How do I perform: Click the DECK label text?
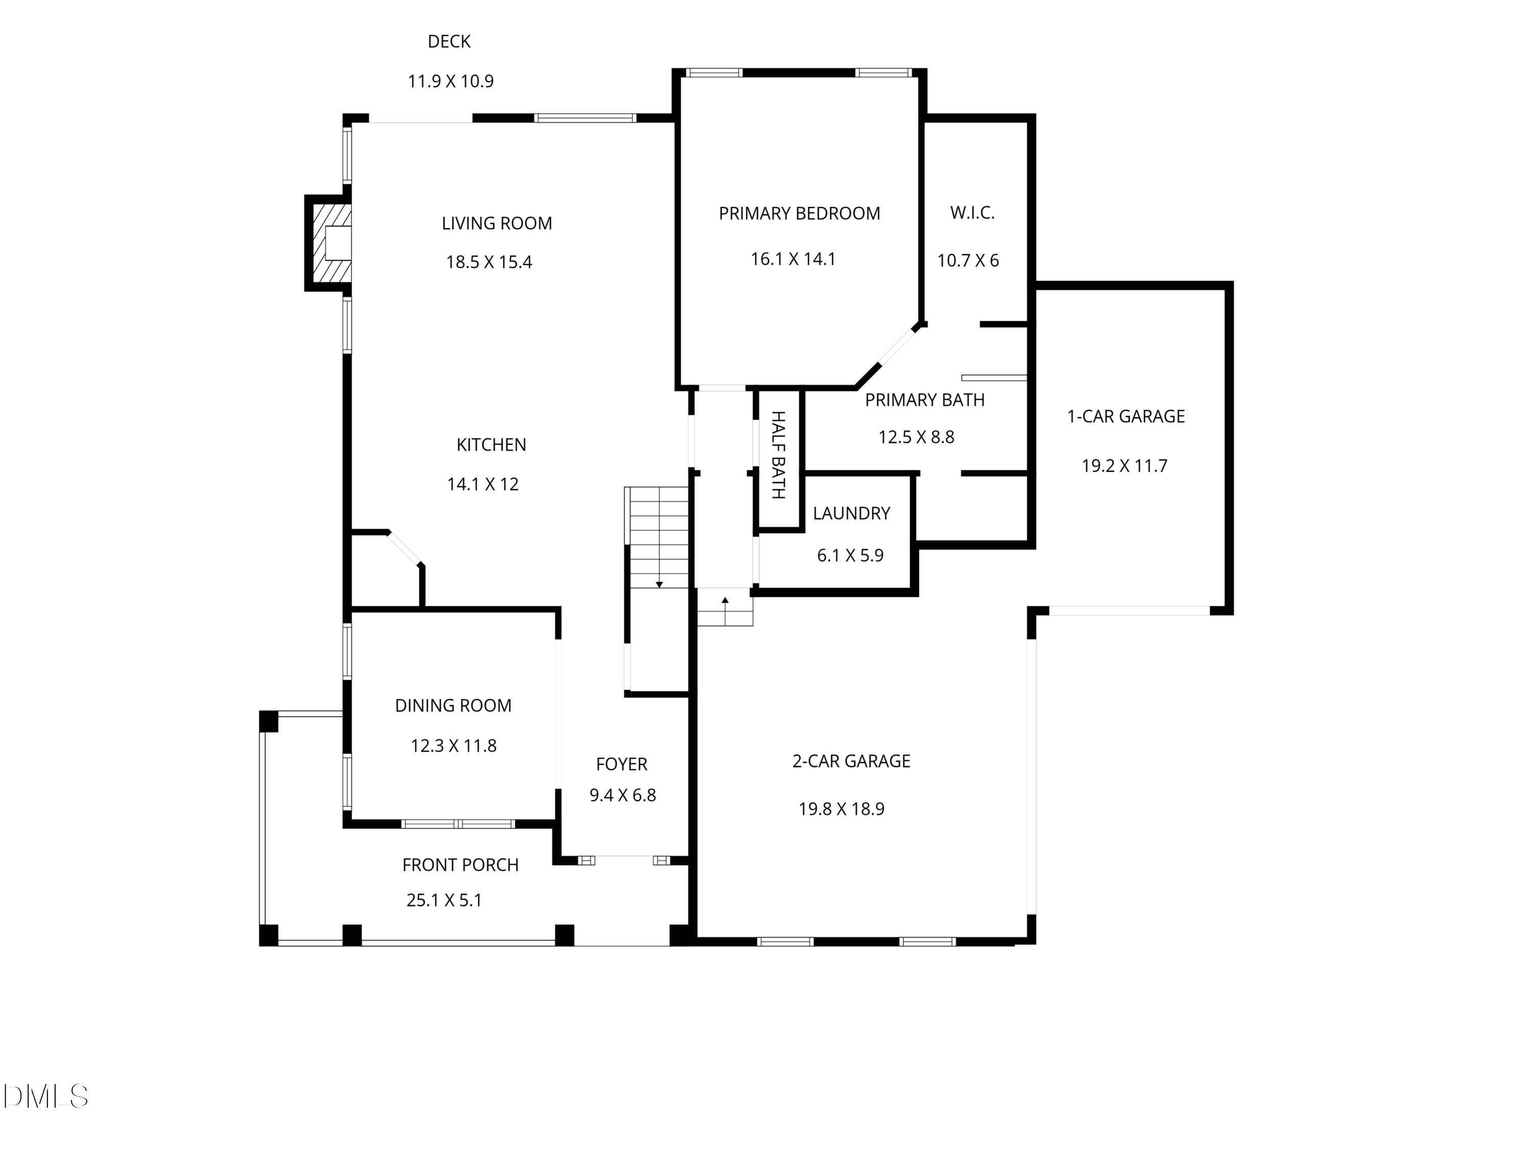pyautogui.click(x=449, y=41)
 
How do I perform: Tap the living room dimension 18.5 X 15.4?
pyautogui.click(x=489, y=262)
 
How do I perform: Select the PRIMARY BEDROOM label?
pyautogui.click(x=799, y=213)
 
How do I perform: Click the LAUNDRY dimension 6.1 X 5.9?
pyautogui.click(x=851, y=556)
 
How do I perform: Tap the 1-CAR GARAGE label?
pyautogui.click(x=1126, y=416)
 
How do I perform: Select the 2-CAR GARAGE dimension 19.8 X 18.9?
pyautogui.click(x=842, y=809)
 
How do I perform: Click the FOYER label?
pyautogui.click(x=622, y=764)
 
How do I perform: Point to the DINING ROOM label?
pyautogui.click(x=453, y=706)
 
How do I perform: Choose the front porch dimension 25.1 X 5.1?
pyautogui.click(x=445, y=900)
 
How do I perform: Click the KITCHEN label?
pyautogui.click(x=491, y=445)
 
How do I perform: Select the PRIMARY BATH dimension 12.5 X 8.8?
pyautogui.click(x=917, y=437)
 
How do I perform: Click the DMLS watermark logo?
pyautogui.click(x=46, y=1096)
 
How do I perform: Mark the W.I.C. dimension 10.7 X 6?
pyautogui.click(x=968, y=260)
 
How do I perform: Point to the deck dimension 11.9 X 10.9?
pyautogui.click(x=451, y=81)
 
